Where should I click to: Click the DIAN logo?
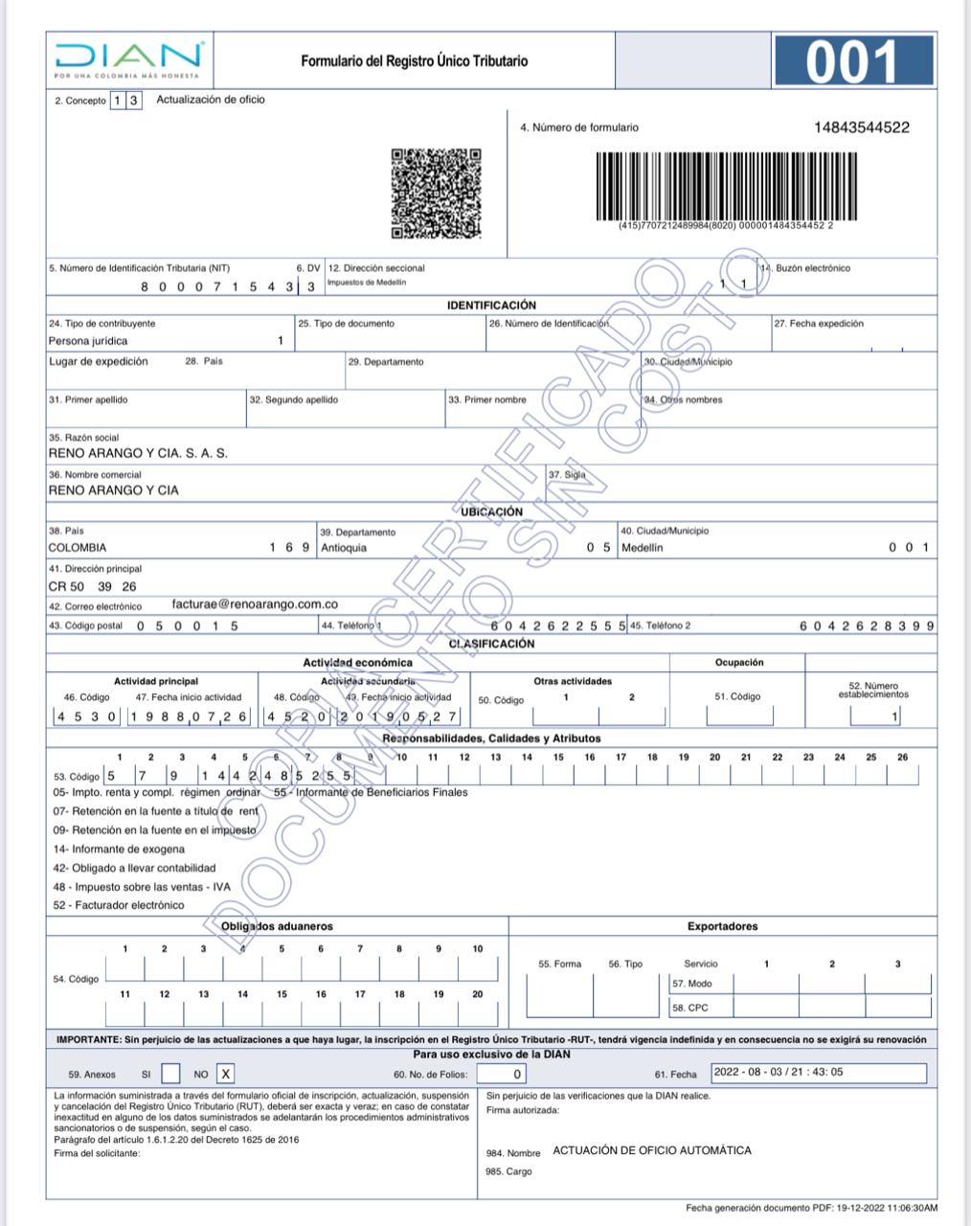pyautogui.click(x=128, y=59)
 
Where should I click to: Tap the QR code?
pyautogui.click(x=436, y=193)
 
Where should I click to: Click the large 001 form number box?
pyautogui.click(x=852, y=60)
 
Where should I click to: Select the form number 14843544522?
pyautogui.click(x=861, y=127)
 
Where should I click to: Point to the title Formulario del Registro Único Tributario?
pyautogui.click(x=414, y=60)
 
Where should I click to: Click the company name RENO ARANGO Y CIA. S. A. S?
pyautogui.click(x=138, y=453)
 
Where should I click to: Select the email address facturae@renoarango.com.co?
pyautogui.click(x=255, y=604)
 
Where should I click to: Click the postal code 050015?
pyautogui.click(x=187, y=625)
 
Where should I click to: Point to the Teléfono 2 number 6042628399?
pyautogui.click(x=867, y=625)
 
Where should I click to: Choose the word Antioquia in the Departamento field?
pyautogui.click(x=344, y=548)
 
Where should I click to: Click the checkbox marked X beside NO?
pyautogui.click(x=226, y=1074)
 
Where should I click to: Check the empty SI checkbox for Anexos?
pyautogui.click(x=170, y=1074)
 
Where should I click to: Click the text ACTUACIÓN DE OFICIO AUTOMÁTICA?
pyautogui.click(x=652, y=1150)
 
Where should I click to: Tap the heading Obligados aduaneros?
pyautogui.click(x=277, y=926)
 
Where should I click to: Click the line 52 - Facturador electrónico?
pyautogui.click(x=119, y=905)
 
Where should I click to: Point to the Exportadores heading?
pyautogui.click(x=722, y=926)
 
